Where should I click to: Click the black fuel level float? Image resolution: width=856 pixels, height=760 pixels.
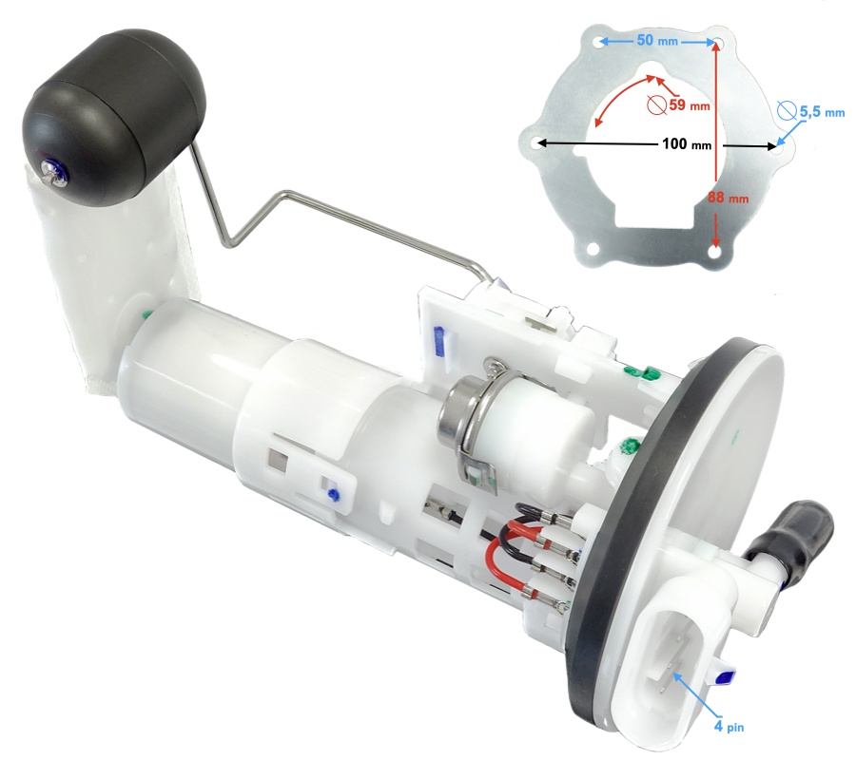coord(113,116)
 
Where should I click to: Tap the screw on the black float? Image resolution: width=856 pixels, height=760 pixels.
coord(53,173)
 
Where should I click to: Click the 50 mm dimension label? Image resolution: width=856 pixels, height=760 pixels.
coord(657,40)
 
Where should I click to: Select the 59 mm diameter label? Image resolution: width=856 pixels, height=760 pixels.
coord(690,104)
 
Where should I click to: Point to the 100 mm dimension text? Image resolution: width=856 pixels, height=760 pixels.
coord(687,144)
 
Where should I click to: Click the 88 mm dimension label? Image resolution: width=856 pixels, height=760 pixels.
coord(729,198)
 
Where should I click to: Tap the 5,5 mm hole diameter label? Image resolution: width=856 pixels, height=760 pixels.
coord(822,112)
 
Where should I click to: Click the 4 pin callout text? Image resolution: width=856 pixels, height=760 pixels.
coord(730,726)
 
